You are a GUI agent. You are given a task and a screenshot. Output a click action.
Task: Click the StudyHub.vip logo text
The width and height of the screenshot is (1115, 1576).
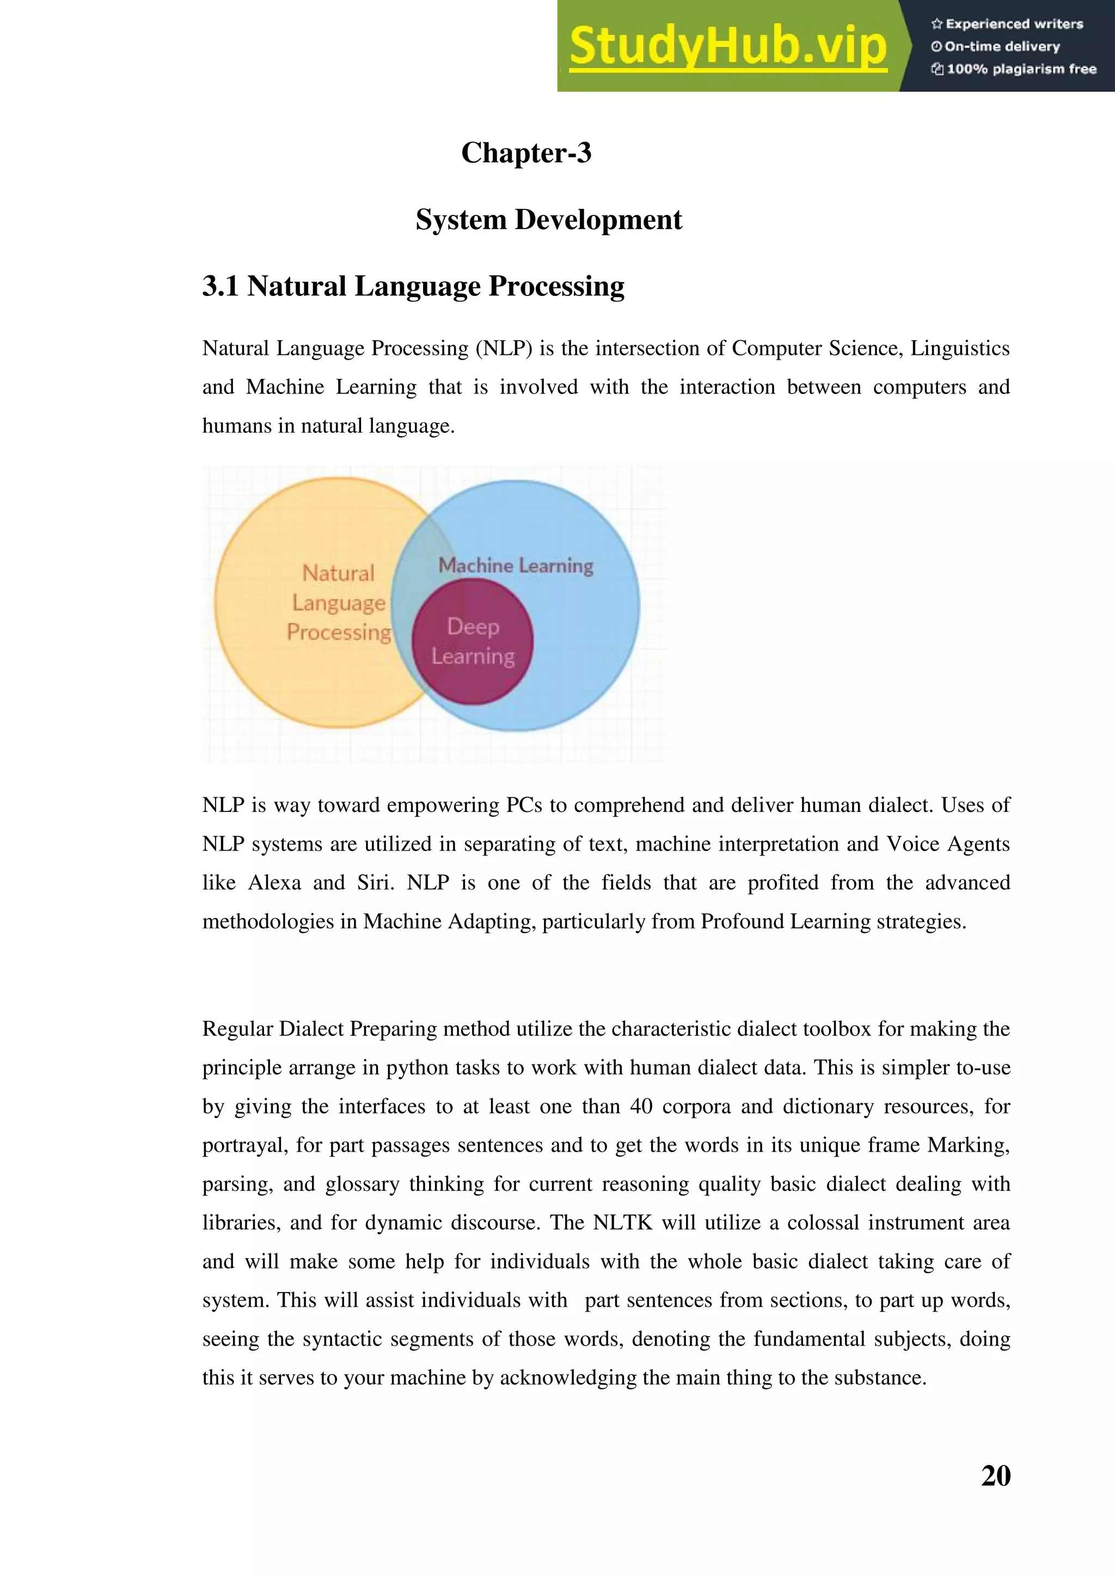[728, 47]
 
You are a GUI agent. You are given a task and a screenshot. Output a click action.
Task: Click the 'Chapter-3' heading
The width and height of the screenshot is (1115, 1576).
[526, 152]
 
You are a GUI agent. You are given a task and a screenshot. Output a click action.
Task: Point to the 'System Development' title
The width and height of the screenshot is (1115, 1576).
[549, 220]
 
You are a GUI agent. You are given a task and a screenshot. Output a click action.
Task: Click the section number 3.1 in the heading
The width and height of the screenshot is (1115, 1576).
[220, 286]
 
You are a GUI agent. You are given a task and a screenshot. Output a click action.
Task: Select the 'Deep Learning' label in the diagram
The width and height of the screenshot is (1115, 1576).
[473, 641]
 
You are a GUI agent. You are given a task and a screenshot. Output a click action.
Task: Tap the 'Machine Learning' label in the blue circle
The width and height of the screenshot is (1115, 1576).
[516, 565]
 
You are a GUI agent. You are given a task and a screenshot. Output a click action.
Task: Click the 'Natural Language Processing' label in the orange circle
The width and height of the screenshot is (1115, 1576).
[339, 602]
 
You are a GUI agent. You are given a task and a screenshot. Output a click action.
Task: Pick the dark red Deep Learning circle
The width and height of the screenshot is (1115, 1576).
[473, 680]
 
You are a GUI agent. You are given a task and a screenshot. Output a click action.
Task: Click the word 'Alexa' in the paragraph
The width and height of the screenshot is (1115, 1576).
[274, 883]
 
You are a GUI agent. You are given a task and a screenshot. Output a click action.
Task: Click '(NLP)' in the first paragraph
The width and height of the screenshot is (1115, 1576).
[504, 349]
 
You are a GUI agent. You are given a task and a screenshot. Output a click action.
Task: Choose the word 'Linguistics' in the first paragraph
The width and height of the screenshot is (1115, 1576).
[959, 349]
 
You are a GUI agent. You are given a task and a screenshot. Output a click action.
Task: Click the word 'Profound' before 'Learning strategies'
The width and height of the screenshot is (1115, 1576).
[742, 922]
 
